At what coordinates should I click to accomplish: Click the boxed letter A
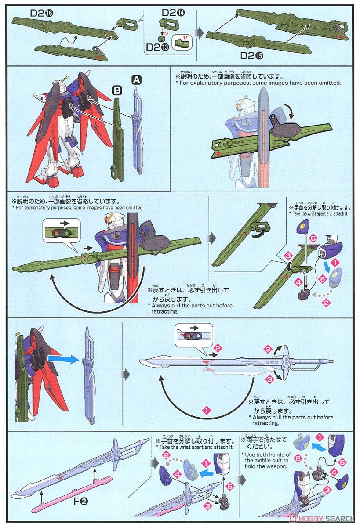click(136, 79)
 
